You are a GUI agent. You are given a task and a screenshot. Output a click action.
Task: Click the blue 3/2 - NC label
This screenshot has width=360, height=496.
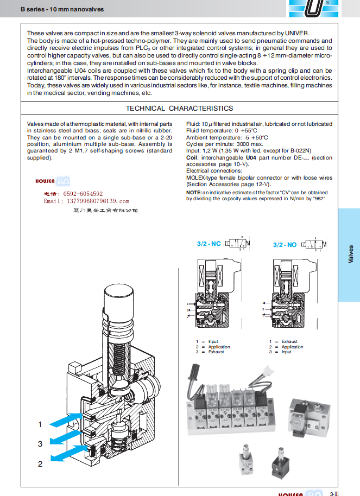pos(209,244)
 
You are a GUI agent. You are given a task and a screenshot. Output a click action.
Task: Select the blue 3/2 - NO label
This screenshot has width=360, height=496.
pos(285,245)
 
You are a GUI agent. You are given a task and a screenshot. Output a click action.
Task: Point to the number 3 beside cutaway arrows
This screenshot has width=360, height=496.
pos(40,444)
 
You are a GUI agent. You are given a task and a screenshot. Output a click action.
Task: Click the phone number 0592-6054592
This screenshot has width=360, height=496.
pos(73,194)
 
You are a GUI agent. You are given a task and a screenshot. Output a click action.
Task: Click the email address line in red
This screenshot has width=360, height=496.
pos(86,201)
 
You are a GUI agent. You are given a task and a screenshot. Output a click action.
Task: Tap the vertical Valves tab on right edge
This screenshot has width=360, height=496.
pos(350,255)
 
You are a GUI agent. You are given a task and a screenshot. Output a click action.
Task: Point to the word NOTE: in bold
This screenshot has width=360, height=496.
pos(194,193)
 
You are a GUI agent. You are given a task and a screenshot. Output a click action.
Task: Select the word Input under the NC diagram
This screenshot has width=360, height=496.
pos(213,341)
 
